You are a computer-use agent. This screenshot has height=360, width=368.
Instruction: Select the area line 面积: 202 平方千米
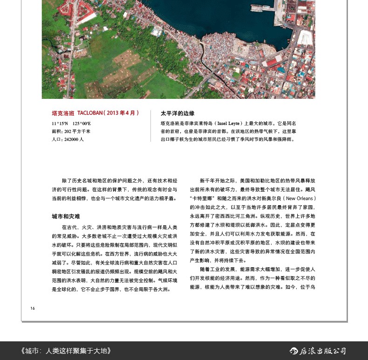[x=71, y=131]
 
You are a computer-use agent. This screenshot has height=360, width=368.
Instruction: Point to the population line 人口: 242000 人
[x=68, y=139]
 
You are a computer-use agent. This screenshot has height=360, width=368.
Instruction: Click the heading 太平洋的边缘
[x=177, y=113]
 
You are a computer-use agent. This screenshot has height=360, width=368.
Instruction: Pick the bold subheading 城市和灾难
[x=66, y=217]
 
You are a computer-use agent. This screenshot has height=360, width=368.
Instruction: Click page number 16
[x=33, y=308]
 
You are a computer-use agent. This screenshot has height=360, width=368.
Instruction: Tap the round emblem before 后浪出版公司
[x=294, y=351]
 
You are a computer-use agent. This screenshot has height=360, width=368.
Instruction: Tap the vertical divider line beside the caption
[x=150, y=126]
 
